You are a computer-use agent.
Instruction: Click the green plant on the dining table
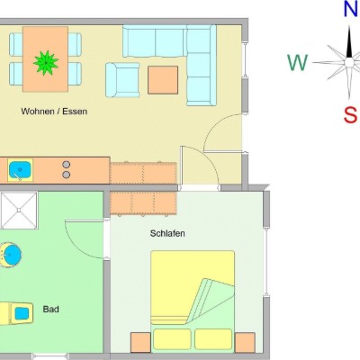[46, 63]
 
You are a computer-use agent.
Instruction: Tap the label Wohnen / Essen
[54, 112]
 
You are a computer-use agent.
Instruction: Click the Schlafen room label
[167, 233]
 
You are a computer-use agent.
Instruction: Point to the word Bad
[50, 309]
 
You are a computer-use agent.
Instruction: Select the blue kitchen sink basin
[20, 170]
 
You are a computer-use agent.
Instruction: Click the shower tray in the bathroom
[19, 211]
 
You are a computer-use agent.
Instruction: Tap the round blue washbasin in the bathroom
[12, 255]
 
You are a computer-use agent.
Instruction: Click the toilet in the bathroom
[16, 313]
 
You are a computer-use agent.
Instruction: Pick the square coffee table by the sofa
[163, 80]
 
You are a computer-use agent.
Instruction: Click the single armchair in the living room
[122, 80]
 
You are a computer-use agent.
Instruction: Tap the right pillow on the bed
[213, 339]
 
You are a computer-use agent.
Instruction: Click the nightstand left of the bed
[140, 342]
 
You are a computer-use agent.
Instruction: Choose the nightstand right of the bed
[245, 342]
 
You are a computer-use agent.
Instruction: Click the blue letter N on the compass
[351, 9]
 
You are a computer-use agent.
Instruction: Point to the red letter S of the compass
[350, 114]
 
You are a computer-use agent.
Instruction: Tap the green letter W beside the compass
[298, 62]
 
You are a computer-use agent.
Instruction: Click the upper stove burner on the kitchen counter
[67, 165]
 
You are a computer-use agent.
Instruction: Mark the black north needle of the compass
[349, 42]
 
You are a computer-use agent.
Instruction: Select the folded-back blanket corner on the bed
[211, 300]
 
